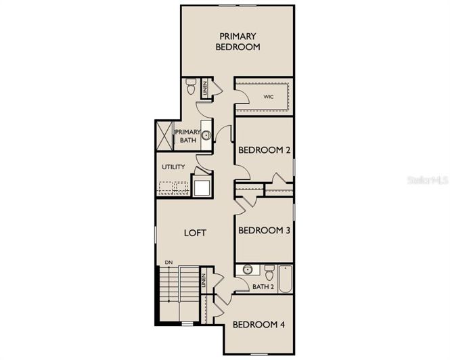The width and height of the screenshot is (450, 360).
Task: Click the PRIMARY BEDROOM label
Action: point(238,41)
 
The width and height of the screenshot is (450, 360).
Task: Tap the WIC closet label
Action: point(269,97)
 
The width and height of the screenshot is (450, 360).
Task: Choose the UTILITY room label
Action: point(173,167)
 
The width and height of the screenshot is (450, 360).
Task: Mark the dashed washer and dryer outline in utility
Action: point(173,187)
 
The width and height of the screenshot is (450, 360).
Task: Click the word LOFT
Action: point(196,233)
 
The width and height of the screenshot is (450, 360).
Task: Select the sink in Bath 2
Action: point(248,270)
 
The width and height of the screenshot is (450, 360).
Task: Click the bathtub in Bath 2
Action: point(285,279)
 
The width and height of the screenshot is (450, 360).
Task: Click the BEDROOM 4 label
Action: point(258,325)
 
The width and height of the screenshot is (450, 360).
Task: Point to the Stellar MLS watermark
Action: point(425,181)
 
